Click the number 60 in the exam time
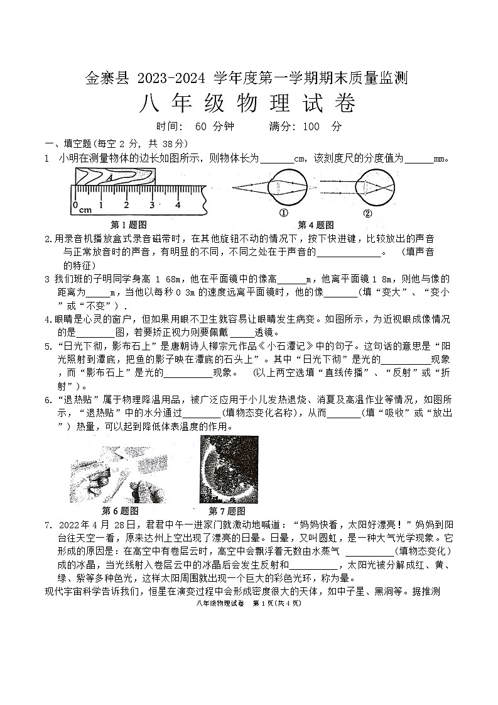(x=200, y=126)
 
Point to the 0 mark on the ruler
(x=75, y=204)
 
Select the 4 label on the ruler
(x=178, y=204)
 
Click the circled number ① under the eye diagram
(x=283, y=213)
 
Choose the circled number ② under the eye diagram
(x=367, y=213)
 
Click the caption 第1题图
(x=128, y=225)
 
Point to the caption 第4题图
(x=315, y=225)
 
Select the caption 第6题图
(x=120, y=510)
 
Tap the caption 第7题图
(x=227, y=510)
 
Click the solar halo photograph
(x=229, y=469)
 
